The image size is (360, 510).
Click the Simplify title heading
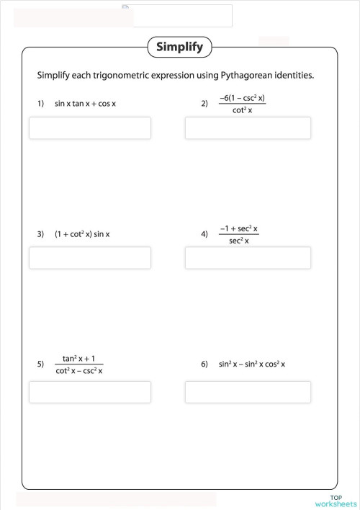coord(179,48)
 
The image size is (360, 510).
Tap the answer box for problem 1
coord(90,128)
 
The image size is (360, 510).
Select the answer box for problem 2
coord(248,128)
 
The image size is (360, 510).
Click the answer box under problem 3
coord(90,258)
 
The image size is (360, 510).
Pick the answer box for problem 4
coord(248,258)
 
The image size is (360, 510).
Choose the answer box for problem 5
coord(90,392)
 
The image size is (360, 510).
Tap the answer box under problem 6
coord(248,392)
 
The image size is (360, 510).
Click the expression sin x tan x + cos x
coord(85,104)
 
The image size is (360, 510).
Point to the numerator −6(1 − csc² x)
coord(243,97)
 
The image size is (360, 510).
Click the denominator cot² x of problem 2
coord(243,110)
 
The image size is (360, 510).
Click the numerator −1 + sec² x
coord(238,228)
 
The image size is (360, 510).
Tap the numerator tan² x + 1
coord(79,358)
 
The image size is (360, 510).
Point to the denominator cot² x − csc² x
coord(79,371)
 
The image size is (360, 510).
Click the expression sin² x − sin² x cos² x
coord(252,364)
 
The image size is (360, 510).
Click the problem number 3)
coord(40,234)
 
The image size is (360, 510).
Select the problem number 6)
coord(204,364)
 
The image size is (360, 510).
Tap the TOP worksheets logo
coord(336,501)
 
